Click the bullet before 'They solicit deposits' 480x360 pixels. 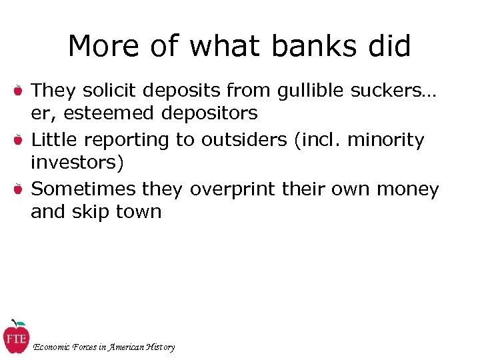pyautogui.click(x=19, y=89)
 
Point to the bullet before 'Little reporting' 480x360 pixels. pyautogui.click(x=19, y=140)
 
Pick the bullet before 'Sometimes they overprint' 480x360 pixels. pyautogui.click(x=19, y=189)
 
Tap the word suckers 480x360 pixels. pyautogui.click(x=388, y=89)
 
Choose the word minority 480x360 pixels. pyautogui.click(x=387, y=140)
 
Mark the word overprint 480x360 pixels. pyautogui.click(x=233, y=190)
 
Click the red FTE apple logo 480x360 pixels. pyautogui.click(x=16, y=337)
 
